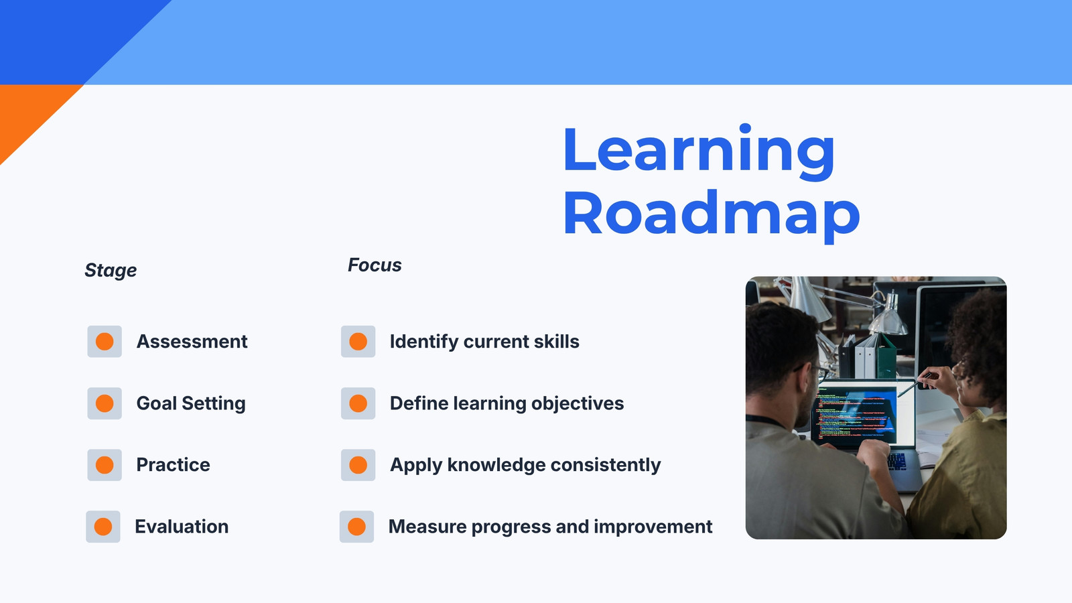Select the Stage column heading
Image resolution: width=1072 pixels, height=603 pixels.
click(111, 271)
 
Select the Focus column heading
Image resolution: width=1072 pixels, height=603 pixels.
click(375, 265)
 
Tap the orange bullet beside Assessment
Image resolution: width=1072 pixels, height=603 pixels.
click(105, 342)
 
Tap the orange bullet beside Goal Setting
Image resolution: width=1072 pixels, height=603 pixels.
click(105, 403)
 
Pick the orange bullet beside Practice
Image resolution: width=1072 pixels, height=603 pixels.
click(105, 465)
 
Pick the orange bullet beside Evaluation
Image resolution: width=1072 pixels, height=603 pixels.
click(103, 527)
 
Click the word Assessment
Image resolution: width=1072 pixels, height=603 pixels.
click(192, 342)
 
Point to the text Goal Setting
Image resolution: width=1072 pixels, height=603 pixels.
click(191, 403)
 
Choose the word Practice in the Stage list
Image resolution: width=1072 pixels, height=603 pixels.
click(174, 465)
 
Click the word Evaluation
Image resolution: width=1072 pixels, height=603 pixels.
click(182, 527)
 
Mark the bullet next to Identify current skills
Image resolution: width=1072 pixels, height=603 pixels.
click(358, 342)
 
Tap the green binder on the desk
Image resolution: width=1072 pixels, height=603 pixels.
click(887, 356)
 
